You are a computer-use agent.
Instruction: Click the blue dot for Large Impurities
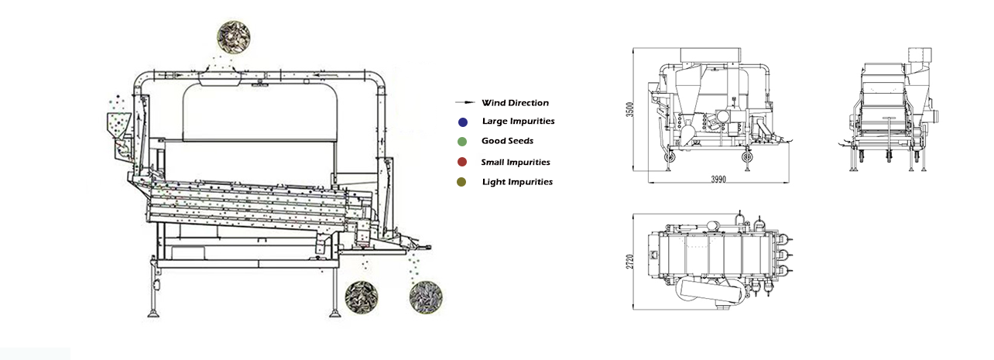(x=462, y=122)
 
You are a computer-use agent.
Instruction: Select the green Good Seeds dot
(x=462, y=142)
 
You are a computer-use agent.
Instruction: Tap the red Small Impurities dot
(x=462, y=163)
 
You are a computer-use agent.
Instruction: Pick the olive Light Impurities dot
(x=462, y=182)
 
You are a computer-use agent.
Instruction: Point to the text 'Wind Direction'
(x=515, y=103)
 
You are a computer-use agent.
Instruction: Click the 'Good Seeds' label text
(x=507, y=142)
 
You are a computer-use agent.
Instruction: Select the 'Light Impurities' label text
(x=517, y=182)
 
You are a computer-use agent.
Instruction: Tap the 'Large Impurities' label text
(x=518, y=122)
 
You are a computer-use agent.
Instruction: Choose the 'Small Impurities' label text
(x=516, y=163)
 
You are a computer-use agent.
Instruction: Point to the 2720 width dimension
(x=631, y=260)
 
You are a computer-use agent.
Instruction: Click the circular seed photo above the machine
(x=235, y=34)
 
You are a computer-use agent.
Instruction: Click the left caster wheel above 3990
(x=668, y=158)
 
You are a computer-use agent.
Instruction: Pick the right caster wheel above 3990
(x=747, y=158)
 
